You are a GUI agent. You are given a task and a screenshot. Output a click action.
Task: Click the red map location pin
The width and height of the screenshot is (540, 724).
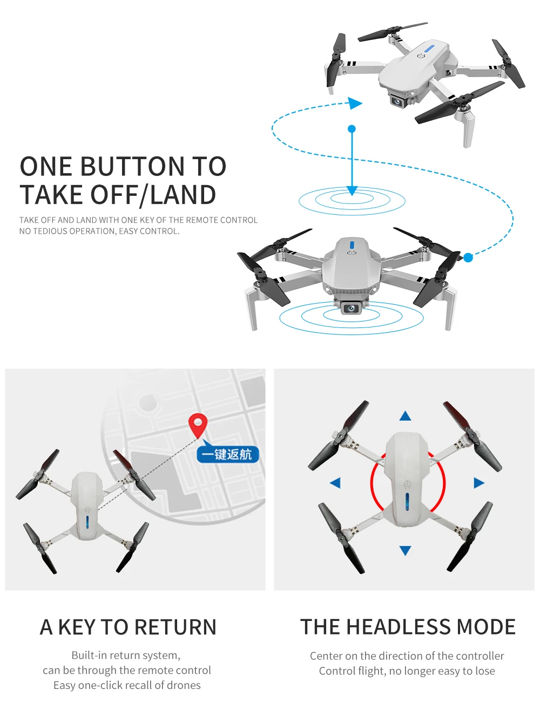(198, 425)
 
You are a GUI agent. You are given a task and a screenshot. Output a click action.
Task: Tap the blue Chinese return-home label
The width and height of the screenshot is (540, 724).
(227, 454)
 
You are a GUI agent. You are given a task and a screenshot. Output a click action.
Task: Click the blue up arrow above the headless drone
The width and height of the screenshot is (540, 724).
(406, 416)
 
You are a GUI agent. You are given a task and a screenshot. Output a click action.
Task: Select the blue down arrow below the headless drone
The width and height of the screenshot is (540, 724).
(406, 550)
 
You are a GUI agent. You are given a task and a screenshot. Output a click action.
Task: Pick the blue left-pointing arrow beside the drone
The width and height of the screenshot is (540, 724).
(335, 483)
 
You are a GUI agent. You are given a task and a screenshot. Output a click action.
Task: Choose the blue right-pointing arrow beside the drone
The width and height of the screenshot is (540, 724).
(479, 483)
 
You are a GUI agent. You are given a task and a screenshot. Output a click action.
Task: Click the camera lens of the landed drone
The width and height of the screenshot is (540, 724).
(352, 309)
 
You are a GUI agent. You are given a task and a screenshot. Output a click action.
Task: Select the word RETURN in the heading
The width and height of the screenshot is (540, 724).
(175, 627)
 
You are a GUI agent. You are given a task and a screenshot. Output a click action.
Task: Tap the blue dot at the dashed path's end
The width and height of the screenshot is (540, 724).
(468, 258)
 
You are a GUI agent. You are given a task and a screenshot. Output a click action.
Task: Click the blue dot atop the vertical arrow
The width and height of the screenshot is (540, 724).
(352, 129)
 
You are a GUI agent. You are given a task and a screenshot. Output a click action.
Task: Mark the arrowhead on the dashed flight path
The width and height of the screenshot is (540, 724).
(355, 103)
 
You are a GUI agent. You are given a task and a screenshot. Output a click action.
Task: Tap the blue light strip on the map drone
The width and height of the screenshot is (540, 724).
(87, 522)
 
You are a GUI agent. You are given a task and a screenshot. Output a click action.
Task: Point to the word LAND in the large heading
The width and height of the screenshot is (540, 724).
(183, 195)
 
